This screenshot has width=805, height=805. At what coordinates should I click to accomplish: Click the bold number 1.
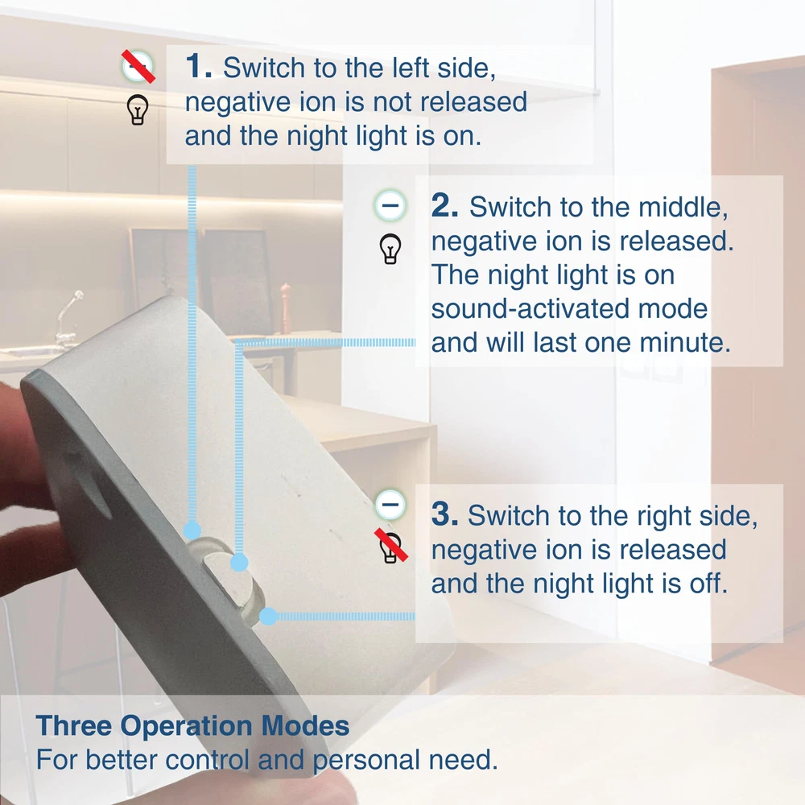pyautogui.click(x=198, y=66)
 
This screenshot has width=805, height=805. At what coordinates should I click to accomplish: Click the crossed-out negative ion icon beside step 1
pyautogui.click(x=138, y=66)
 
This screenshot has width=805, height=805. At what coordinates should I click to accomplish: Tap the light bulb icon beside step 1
pyautogui.click(x=137, y=109)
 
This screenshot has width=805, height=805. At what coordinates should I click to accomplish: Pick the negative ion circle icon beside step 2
pyautogui.click(x=390, y=205)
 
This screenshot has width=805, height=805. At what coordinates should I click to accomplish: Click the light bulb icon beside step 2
pyautogui.click(x=390, y=249)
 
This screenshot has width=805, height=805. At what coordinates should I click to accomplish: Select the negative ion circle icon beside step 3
pyautogui.click(x=390, y=505)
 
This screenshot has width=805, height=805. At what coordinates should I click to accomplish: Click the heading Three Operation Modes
pyautogui.click(x=192, y=725)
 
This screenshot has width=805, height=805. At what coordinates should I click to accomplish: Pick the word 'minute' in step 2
pyautogui.click(x=685, y=342)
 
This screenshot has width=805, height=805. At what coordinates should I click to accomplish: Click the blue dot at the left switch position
pyautogui.click(x=192, y=530)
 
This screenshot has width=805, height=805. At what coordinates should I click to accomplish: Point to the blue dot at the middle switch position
pyautogui.click(x=239, y=563)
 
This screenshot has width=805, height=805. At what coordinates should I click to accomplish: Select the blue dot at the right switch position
pyautogui.click(x=268, y=616)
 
